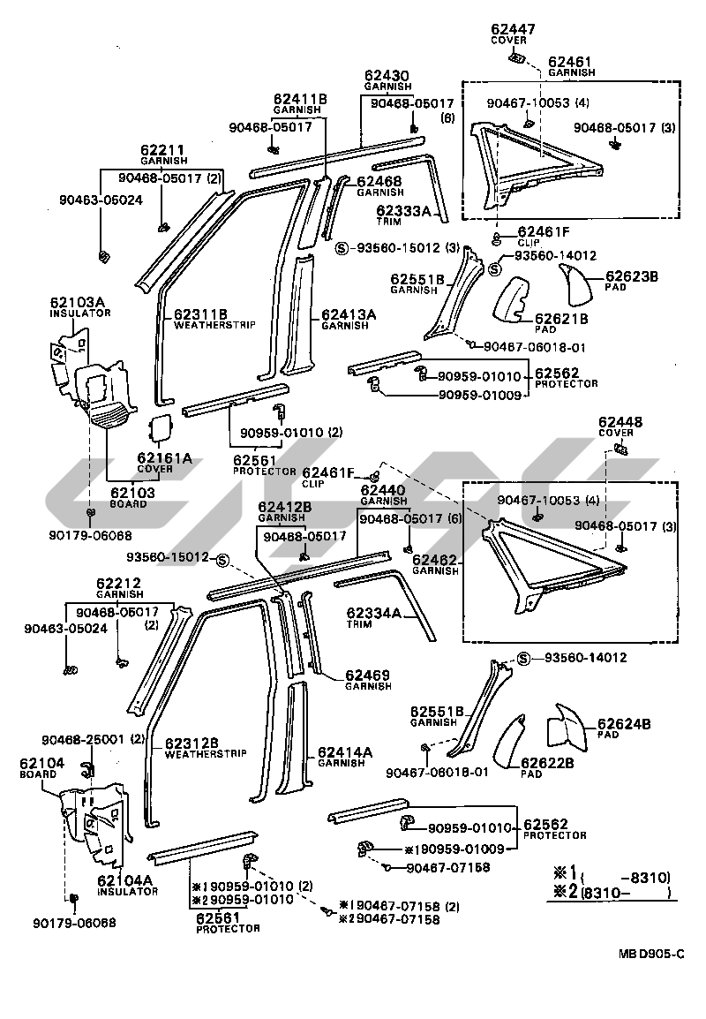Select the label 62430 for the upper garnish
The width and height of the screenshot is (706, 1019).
pos(388,77)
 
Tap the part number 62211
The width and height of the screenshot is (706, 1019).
pos(162,151)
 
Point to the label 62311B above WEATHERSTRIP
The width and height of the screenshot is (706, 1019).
pos(201,314)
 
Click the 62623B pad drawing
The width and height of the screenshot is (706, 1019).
pos(580,282)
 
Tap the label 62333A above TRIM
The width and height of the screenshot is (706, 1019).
pos(402,211)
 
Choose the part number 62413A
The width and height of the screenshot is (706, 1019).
pos(349,314)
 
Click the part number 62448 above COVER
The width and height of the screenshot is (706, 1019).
pos(620,422)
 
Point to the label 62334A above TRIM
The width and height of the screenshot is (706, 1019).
pos(373,614)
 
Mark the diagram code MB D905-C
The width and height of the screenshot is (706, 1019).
pos(650,954)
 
